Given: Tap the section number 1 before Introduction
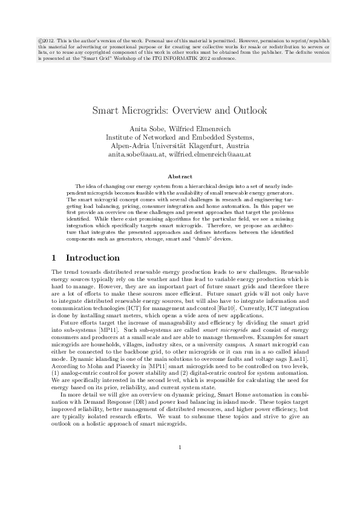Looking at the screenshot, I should click(x=56, y=258).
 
